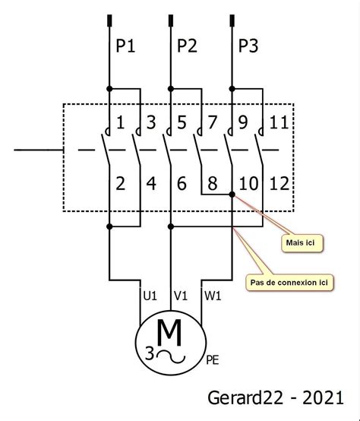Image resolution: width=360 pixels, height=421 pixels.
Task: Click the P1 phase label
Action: coord(125,46)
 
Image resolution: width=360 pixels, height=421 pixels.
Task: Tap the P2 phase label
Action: coord(187,46)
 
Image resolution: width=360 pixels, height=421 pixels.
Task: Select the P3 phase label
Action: coord(248,46)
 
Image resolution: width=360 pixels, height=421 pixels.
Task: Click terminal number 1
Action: coord(121,122)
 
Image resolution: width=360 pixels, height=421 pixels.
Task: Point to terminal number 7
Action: coord(213,122)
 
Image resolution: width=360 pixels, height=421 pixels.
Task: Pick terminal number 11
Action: coord(279,122)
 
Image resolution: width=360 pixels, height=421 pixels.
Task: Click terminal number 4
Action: coord(151,184)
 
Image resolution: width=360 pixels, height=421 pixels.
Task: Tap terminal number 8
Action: coord(213,184)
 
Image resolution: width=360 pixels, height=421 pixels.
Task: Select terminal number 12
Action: coord(279,184)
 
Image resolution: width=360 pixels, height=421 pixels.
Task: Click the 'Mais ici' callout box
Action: coord(302,243)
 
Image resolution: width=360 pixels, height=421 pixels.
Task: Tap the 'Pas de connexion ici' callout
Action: coord(289,283)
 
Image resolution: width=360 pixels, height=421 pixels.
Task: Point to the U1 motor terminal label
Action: coord(150,296)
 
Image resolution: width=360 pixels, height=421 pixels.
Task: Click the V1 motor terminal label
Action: coord(181,296)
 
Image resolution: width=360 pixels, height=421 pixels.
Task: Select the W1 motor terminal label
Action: coord(213,296)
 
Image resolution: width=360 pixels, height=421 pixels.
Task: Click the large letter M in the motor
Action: coord(169,333)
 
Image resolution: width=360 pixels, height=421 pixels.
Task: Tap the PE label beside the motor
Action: coord(213,360)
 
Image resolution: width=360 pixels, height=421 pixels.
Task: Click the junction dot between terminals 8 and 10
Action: coord(232,195)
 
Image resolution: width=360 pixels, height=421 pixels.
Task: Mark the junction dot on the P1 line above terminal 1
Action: coord(109,89)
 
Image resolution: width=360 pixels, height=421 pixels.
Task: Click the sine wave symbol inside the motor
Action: coord(171,357)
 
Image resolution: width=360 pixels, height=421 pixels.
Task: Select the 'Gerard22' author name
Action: coord(245,398)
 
